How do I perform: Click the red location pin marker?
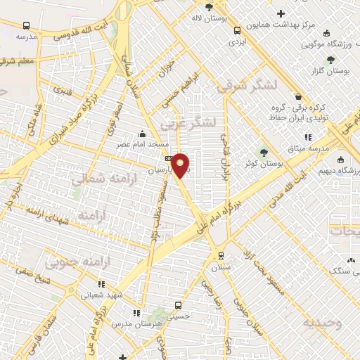181,165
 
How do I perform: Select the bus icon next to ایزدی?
237,30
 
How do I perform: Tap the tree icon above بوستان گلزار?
330,60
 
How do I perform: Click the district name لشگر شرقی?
248,86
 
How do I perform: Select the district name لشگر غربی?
186,124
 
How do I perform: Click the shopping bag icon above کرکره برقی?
298,97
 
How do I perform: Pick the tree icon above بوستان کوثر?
264,152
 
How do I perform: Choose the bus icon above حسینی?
178,306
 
